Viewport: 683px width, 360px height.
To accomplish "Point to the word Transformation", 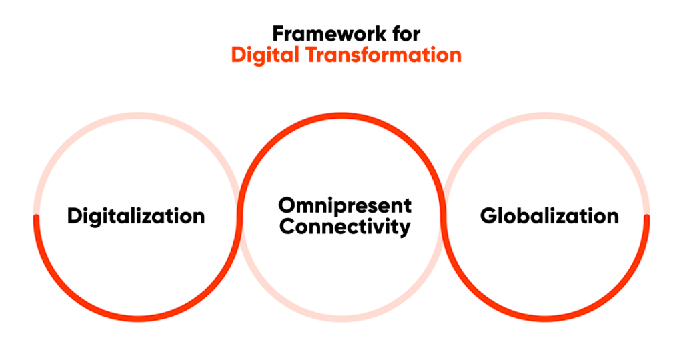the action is [384, 55].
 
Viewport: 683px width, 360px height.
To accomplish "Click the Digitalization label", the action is [136, 217].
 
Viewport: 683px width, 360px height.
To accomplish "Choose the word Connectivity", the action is [345, 227].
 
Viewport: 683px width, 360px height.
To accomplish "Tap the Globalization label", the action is [550, 216].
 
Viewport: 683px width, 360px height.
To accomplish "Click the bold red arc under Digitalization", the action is [137, 319].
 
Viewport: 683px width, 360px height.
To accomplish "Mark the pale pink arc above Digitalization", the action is [137, 115].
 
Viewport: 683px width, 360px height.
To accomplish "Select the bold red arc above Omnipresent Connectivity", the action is [342, 115].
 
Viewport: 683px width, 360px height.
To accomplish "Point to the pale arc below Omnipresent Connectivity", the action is [342, 319].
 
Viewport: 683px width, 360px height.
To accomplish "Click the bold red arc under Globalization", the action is [546, 319].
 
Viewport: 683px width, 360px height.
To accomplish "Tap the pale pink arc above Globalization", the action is [546, 115].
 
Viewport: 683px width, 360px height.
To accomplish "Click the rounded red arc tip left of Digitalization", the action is [36, 217].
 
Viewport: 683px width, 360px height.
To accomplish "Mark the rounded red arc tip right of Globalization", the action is [647, 217].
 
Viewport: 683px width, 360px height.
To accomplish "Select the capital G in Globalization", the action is [488, 216].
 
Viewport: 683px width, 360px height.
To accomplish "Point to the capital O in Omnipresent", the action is [287, 206].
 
